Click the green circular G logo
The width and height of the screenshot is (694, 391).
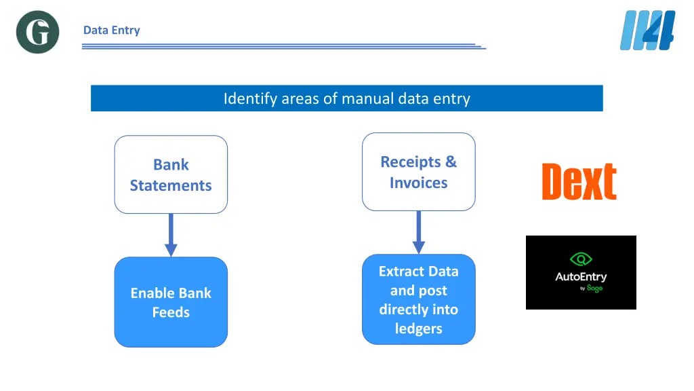[37, 32]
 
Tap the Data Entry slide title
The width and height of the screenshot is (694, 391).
[111, 30]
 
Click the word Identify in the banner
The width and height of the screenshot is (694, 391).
[250, 98]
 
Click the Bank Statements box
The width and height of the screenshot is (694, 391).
[171, 174]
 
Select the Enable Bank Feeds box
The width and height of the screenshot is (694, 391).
[171, 302]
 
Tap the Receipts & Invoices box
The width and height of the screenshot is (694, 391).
[418, 172]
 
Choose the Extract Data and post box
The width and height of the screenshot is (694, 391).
[418, 299]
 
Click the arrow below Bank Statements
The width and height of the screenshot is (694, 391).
[171, 235]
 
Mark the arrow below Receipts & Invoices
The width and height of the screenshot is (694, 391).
[418, 232]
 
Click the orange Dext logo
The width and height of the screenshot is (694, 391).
[579, 181]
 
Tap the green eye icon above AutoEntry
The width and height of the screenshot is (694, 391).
[581, 259]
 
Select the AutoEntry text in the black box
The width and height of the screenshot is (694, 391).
[581, 276]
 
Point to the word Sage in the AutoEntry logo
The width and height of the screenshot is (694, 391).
[594, 288]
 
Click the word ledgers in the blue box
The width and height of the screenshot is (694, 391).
[418, 329]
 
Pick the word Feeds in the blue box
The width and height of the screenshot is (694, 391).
[171, 312]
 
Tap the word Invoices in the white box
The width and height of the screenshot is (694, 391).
[418, 183]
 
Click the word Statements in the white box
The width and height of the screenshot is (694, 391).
[171, 185]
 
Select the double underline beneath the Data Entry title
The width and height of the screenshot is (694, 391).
[283, 47]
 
